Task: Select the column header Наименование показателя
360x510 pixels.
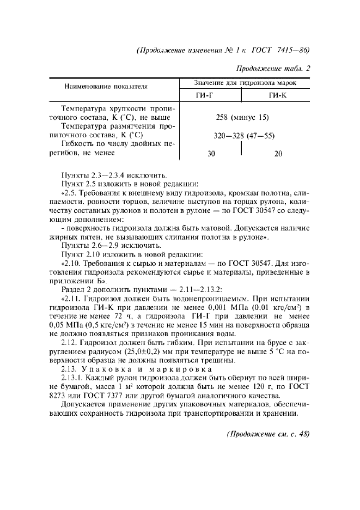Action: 107,87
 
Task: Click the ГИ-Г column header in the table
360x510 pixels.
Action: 210,95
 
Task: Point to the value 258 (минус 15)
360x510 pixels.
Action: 242,117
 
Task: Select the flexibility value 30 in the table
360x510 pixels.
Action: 212,154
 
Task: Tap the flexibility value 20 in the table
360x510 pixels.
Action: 278,154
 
